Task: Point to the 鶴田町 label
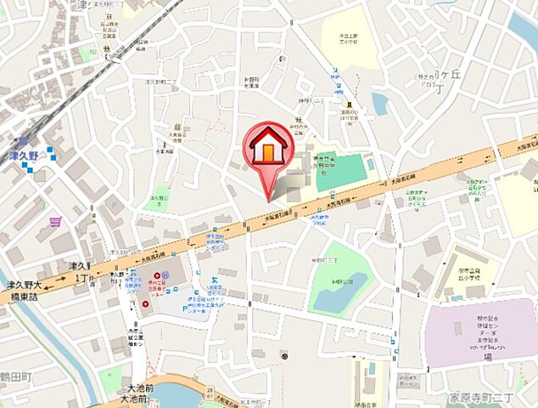click(x=14, y=375)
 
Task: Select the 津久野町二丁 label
click(x=161, y=83)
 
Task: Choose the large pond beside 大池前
click(x=174, y=396)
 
